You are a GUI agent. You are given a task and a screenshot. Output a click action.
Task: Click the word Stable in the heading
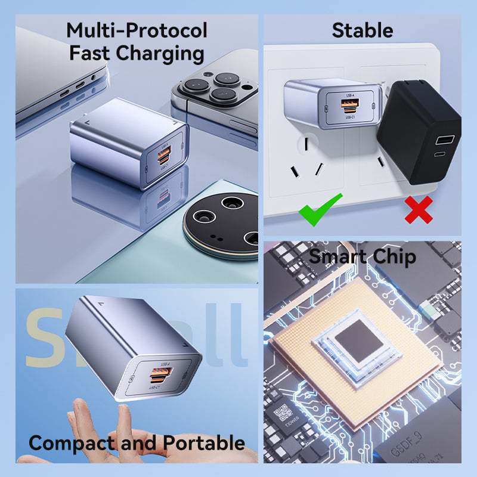coord(362,30)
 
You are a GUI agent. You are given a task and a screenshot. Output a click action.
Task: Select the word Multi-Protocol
coord(137,30)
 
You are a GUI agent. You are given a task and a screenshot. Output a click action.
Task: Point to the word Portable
coord(204,443)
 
